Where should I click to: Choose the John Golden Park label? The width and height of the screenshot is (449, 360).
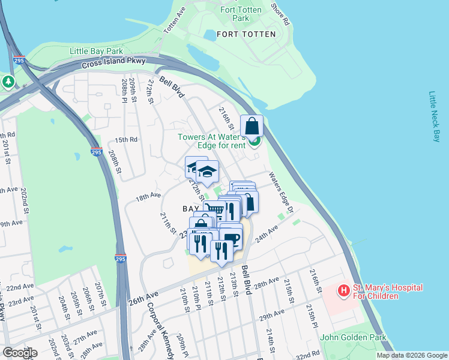coord(354,338)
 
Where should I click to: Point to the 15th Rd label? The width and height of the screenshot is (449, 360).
coord(127,139)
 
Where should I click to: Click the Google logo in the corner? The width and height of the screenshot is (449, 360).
coord(19,353)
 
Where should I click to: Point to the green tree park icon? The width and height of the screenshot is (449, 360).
coord(8,82)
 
